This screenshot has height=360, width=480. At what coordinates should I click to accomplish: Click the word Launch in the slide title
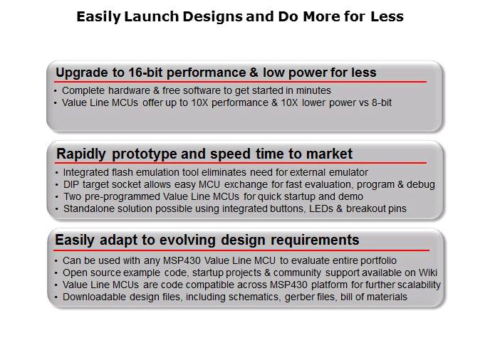[145, 16]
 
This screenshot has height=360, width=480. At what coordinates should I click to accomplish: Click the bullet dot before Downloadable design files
[56, 297]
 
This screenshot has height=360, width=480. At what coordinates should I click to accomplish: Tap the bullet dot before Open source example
[56, 272]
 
